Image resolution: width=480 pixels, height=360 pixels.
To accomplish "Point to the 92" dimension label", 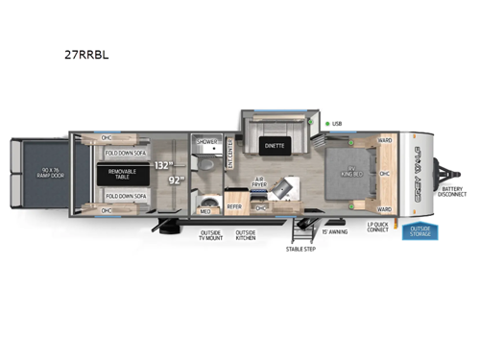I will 175,179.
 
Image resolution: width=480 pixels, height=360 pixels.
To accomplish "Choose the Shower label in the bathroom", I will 205,142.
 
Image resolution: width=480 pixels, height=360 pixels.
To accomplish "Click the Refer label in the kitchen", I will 233,206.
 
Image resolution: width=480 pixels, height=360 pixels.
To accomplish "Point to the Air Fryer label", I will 259,182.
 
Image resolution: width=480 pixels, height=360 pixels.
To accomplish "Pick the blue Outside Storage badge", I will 420,231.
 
